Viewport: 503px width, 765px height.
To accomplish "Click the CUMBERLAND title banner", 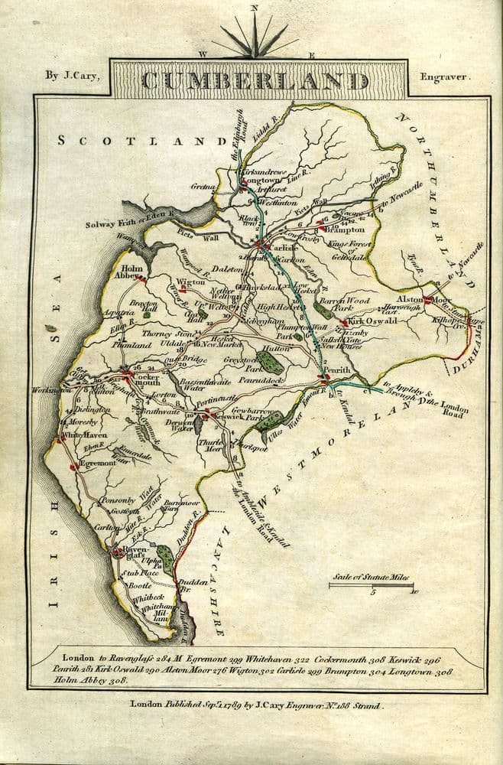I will click(255, 80).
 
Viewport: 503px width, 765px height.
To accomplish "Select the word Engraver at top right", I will click(446, 76).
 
